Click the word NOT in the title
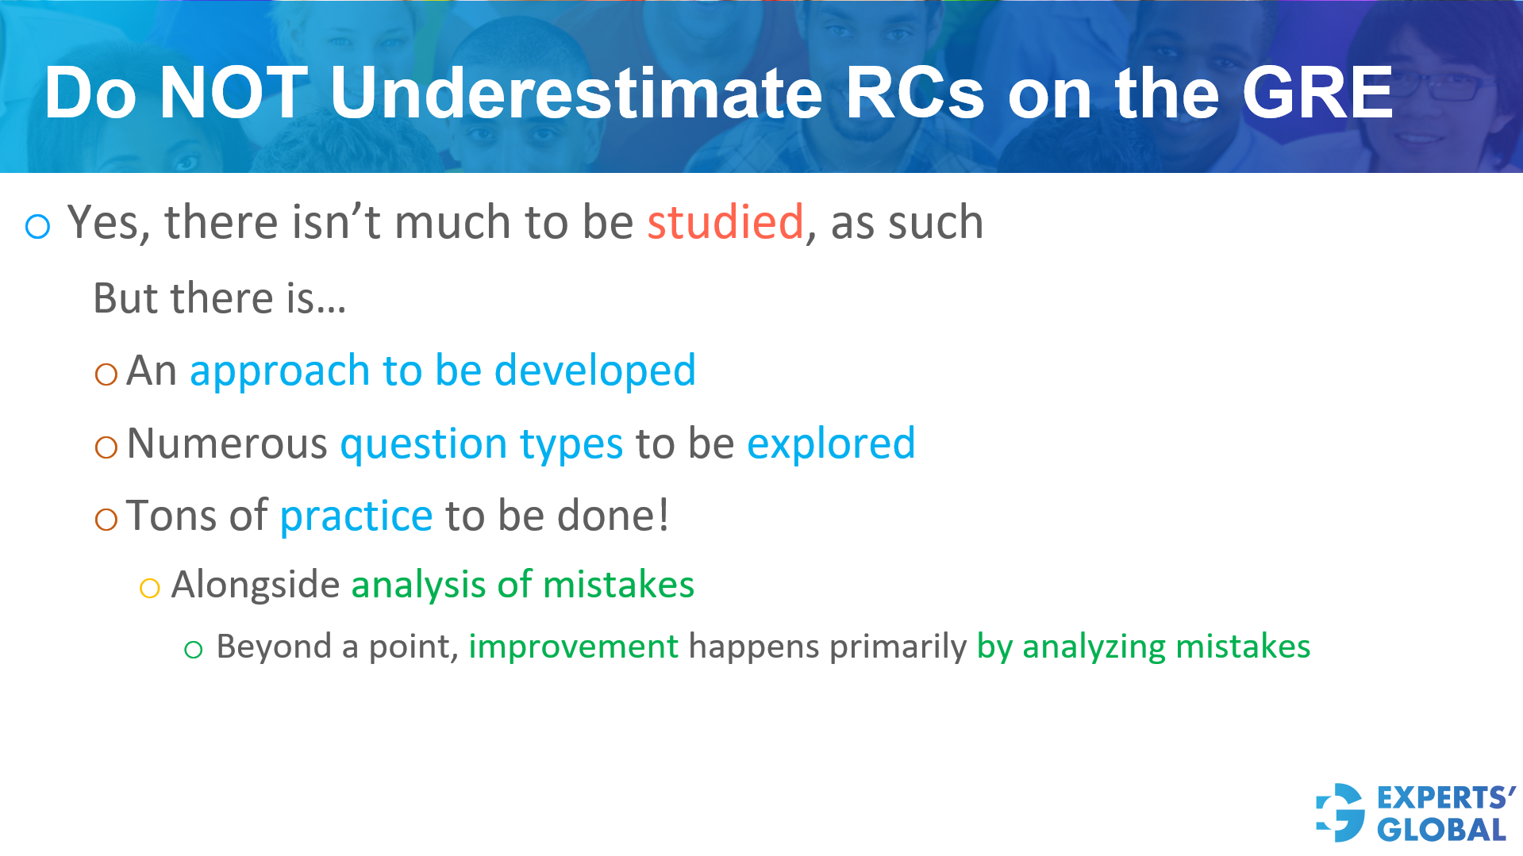(x=233, y=94)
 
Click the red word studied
(x=725, y=222)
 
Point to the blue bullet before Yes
(x=38, y=227)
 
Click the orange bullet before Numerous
(x=106, y=447)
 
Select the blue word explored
(x=830, y=443)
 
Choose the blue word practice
(x=356, y=516)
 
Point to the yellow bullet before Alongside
(x=149, y=589)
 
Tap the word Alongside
(x=255, y=585)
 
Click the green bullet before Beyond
(x=193, y=651)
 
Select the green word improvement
(x=573, y=647)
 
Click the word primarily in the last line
(x=898, y=647)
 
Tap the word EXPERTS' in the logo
(x=1445, y=797)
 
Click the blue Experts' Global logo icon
(x=1340, y=812)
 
